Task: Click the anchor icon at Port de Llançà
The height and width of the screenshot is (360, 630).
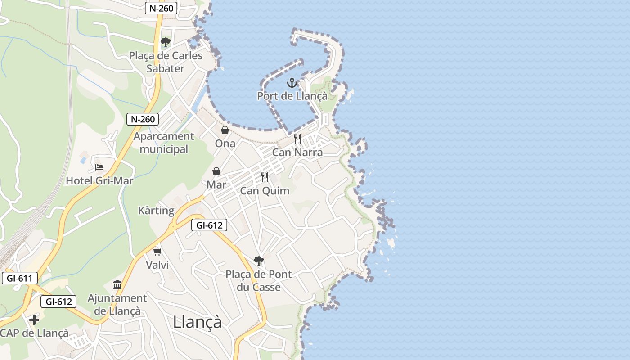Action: (292, 83)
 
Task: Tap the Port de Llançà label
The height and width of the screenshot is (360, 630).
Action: (292, 96)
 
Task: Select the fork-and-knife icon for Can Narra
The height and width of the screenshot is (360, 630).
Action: (297, 139)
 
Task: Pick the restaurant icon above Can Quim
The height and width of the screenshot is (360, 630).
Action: (265, 177)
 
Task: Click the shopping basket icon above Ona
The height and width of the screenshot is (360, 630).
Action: (225, 130)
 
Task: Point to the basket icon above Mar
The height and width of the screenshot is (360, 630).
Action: (216, 171)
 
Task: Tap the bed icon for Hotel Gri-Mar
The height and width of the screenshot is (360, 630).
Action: (99, 167)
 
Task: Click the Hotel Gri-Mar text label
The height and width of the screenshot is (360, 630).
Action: (99, 180)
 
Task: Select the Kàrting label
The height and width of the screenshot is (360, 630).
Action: (156, 211)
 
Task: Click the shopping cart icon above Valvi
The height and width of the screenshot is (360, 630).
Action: (157, 252)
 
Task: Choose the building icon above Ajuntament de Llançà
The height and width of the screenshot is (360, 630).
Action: (117, 284)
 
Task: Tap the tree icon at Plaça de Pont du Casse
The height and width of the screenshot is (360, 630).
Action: (259, 261)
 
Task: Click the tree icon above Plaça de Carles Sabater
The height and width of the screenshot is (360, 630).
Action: (166, 42)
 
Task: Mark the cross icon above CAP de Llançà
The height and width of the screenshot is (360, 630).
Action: (34, 320)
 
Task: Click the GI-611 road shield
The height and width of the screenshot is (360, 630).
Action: (20, 278)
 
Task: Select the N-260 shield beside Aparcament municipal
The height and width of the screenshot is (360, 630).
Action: (143, 119)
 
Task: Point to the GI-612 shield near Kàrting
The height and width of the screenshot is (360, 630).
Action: (209, 225)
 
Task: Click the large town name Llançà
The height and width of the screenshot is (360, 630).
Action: (198, 322)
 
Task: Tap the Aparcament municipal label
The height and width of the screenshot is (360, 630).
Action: (164, 143)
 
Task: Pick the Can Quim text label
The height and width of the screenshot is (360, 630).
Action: (265, 190)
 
